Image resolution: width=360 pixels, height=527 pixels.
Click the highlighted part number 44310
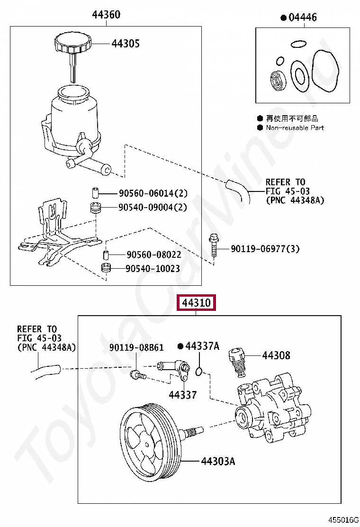click(x=196, y=302)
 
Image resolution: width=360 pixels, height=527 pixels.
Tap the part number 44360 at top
click(x=106, y=15)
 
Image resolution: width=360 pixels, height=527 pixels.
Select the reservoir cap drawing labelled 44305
click(x=72, y=45)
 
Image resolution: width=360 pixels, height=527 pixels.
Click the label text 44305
click(x=126, y=44)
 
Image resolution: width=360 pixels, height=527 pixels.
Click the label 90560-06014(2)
click(x=153, y=193)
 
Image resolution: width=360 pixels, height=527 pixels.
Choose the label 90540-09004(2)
click(x=153, y=208)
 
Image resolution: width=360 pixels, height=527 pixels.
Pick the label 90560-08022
click(x=153, y=255)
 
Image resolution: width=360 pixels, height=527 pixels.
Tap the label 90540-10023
click(x=153, y=269)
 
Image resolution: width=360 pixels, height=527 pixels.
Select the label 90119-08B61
click(x=136, y=348)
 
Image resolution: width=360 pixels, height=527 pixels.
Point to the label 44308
click(x=276, y=355)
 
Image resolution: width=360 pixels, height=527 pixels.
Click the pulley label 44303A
click(x=217, y=461)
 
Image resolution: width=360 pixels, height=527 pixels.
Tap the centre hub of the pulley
click(x=148, y=445)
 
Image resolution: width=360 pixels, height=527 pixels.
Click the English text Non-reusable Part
click(x=295, y=128)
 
